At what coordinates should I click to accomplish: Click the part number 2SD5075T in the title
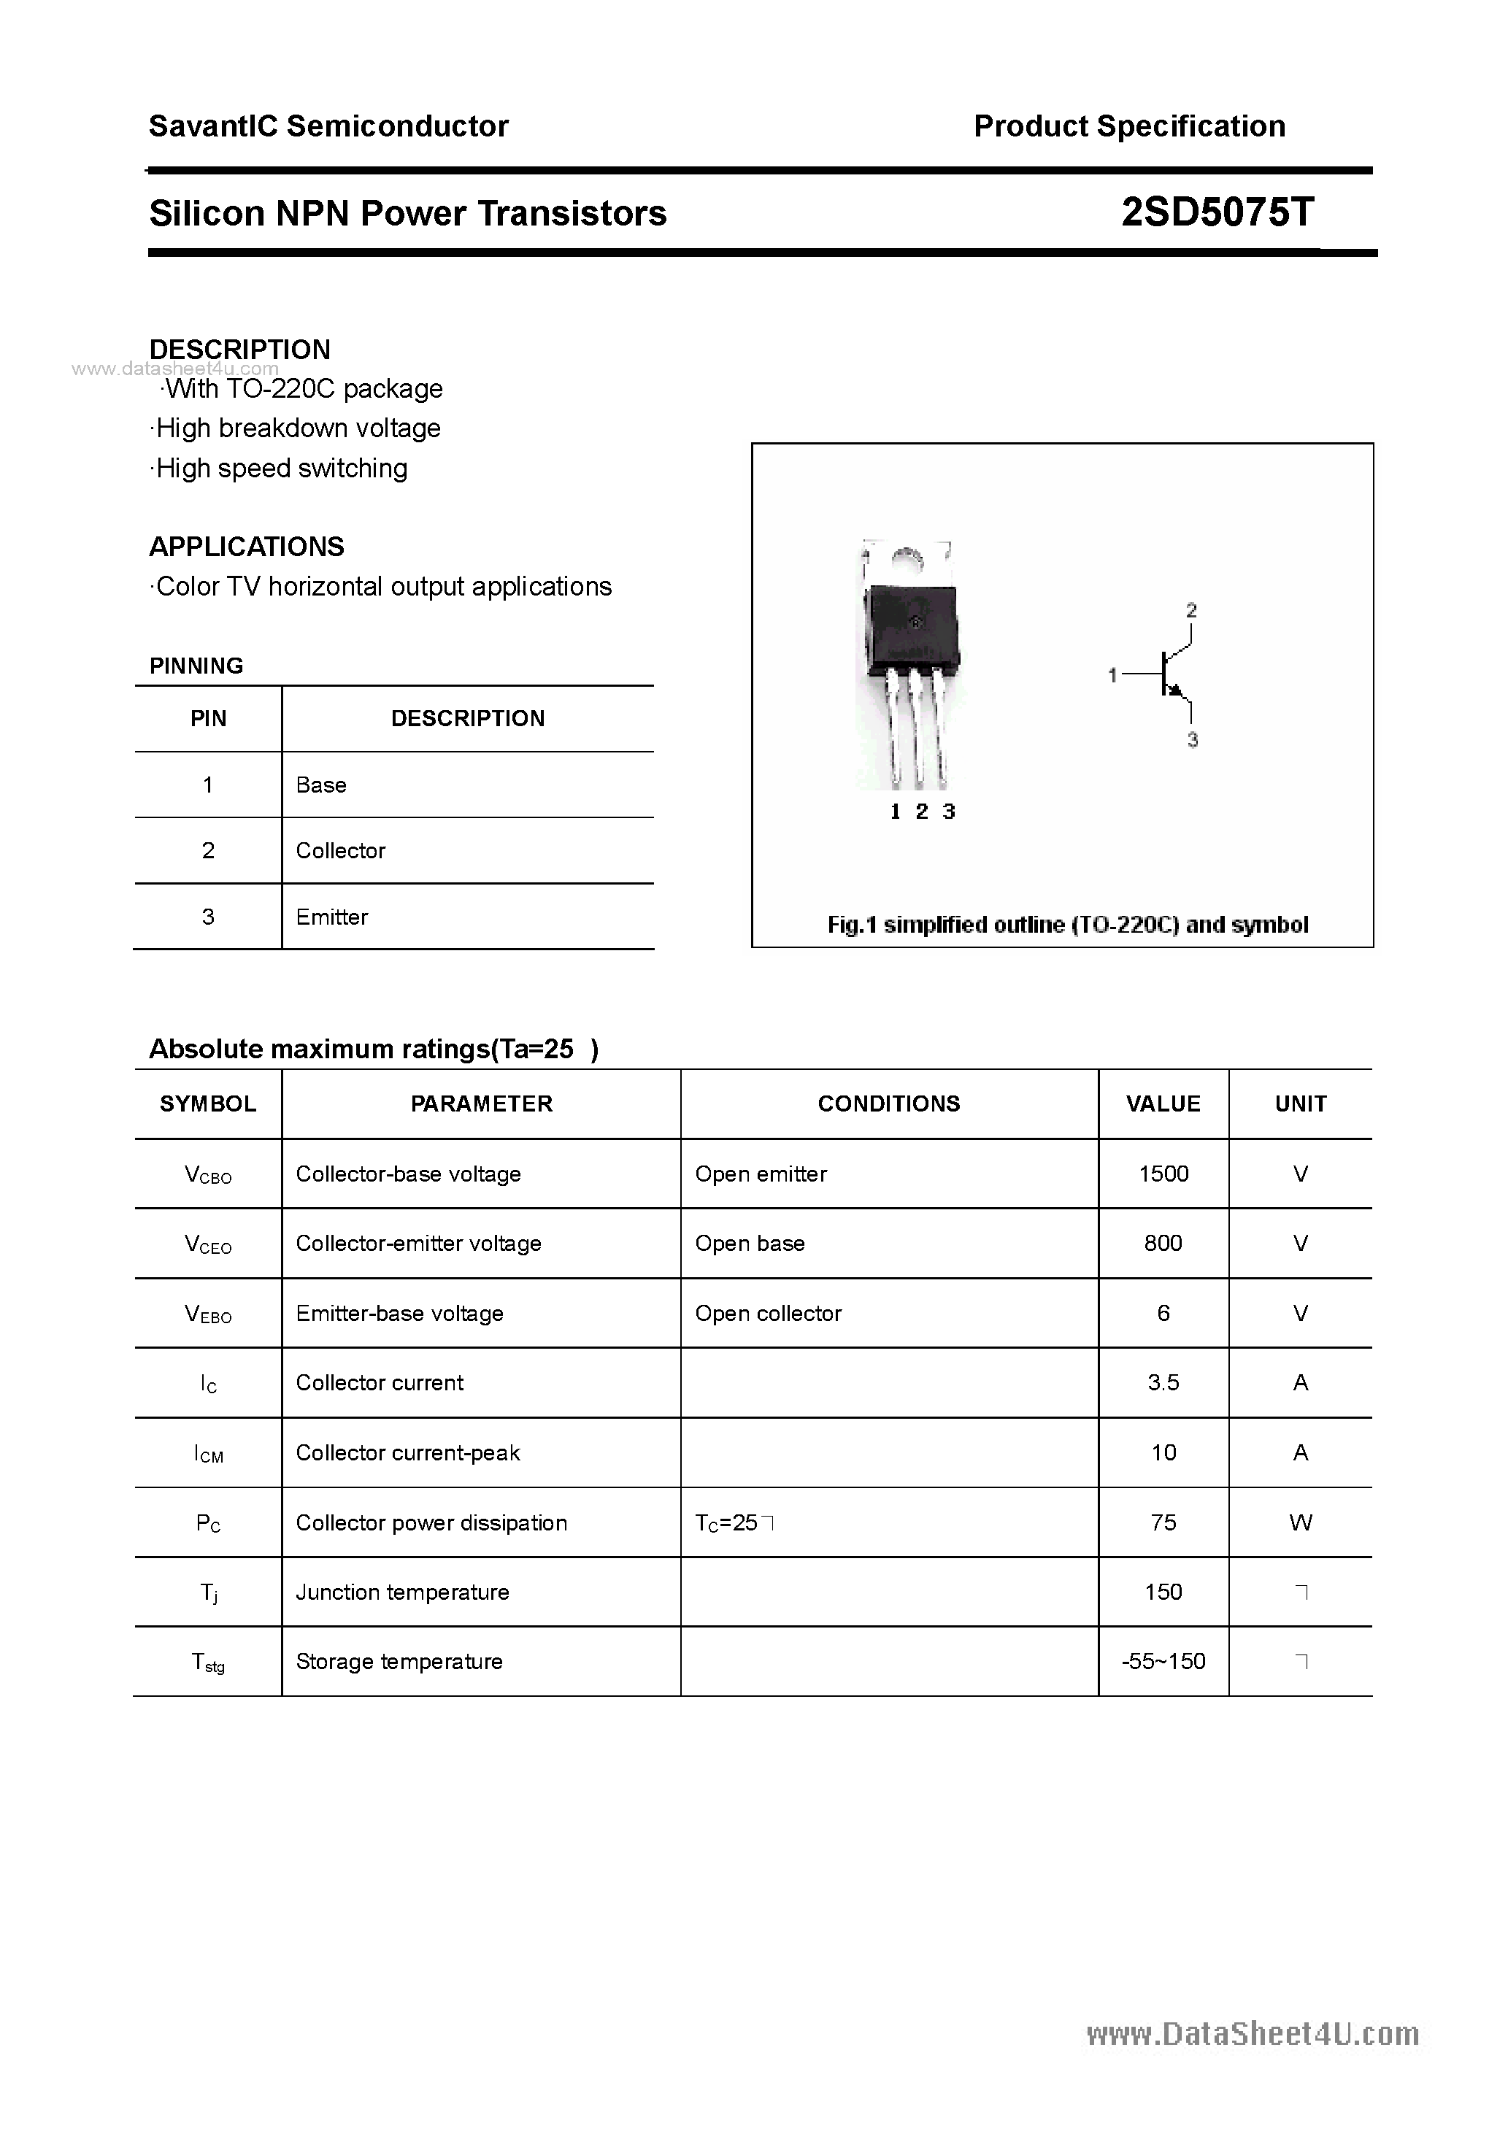coord(1217,213)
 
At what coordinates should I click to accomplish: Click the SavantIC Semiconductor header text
coord(328,126)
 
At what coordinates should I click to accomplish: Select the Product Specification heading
coord(1128,126)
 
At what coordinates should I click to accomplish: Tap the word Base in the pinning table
coord(320,785)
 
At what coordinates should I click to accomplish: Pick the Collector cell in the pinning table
coord(340,850)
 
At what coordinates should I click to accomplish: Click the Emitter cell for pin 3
coord(332,917)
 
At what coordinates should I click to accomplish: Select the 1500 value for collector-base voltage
coord(1163,1174)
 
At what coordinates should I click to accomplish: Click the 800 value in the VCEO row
coord(1163,1244)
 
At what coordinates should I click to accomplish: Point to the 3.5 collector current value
coord(1163,1383)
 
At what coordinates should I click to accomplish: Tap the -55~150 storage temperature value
coord(1163,1662)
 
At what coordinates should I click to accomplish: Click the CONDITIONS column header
coord(889,1103)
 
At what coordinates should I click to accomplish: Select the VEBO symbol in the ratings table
coord(208,1313)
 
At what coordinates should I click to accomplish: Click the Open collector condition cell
coord(768,1313)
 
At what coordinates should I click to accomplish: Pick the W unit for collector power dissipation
coord(1300,1522)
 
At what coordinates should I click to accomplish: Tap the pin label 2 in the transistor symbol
coord(1191,611)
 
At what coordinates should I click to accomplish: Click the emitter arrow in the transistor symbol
coord(1176,691)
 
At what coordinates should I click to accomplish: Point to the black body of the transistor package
coord(911,628)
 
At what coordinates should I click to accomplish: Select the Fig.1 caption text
coord(1067,925)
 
